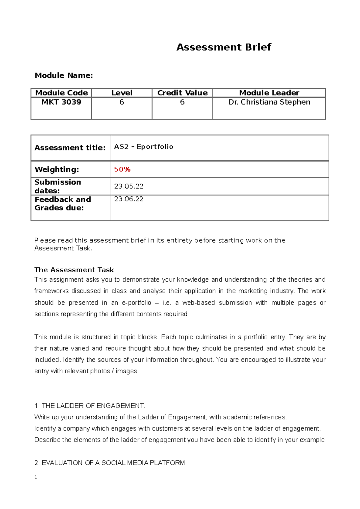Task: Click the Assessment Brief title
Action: tap(223, 47)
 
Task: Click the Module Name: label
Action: tap(64, 76)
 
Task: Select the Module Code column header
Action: tap(61, 93)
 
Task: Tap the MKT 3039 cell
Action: tap(61, 102)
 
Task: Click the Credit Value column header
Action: tap(182, 93)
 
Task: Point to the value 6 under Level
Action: tap(121, 102)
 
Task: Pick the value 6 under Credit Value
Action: tap(182, 102)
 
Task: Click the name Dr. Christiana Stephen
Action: tap(269, 102)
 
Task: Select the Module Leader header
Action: tap(269, 93)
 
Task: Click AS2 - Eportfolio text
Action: tap(144, 147)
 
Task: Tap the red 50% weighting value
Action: tap(122, 169)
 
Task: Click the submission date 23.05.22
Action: tap(129, 186)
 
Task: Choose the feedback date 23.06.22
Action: tap(129, 199)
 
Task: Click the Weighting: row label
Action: tap(57, 169)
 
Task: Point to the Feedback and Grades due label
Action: tap(62, 204)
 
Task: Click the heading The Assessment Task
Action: tap(74, 270)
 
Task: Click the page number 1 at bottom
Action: tap(36, 477)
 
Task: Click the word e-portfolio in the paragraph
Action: tap(136, 303)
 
